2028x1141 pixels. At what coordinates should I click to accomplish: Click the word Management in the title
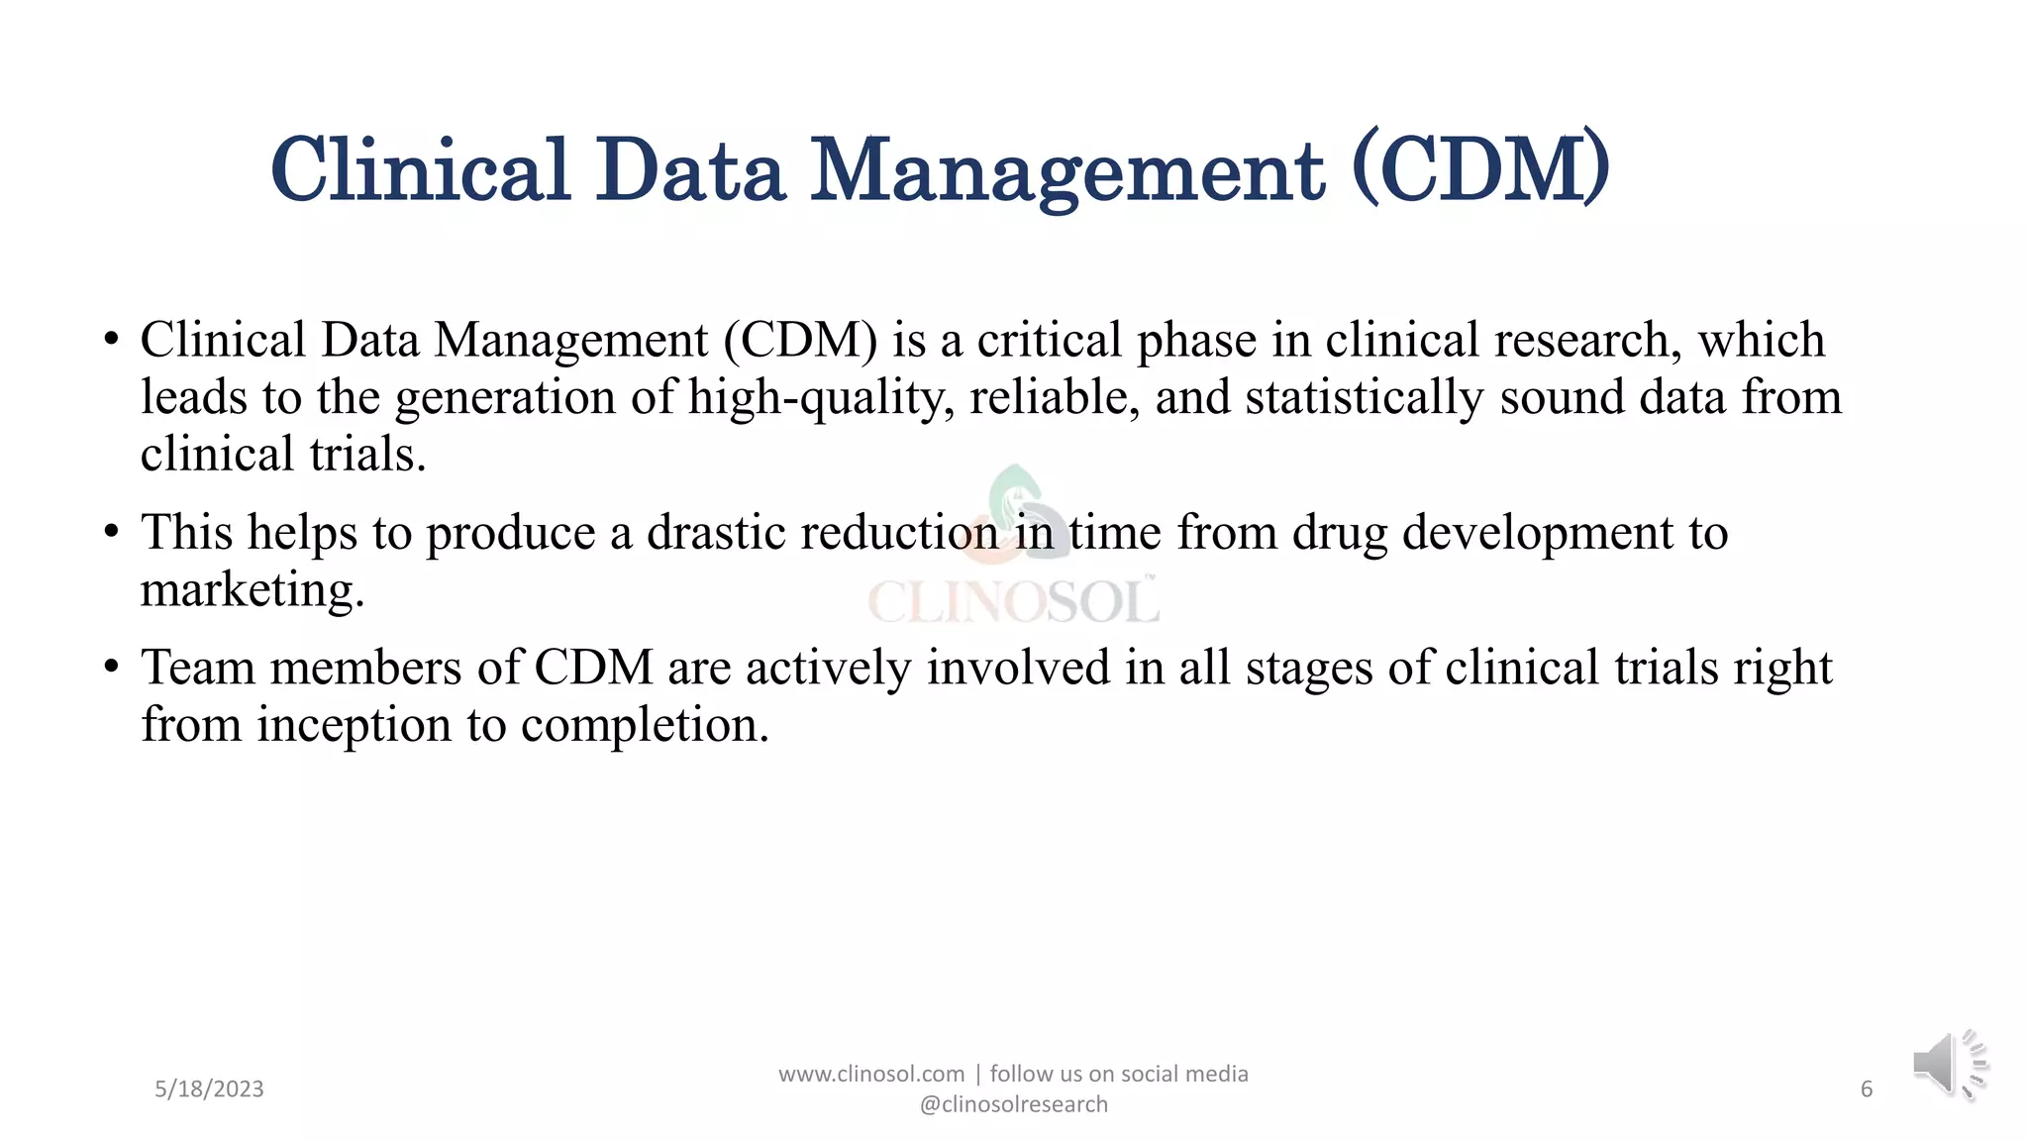coord(1067,171)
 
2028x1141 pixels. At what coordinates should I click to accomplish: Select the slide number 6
coord(1867,1089)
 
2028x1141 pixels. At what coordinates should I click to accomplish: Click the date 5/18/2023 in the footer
coord(209,1089)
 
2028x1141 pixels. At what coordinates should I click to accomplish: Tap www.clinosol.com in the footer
coord(870,1074)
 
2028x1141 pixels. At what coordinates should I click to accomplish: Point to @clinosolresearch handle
coord(1014,1104)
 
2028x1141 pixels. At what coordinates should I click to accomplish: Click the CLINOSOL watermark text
coord(1013,601)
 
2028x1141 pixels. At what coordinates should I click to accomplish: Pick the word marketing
coord(252,590)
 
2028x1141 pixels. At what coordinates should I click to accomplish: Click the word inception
coord(354,725)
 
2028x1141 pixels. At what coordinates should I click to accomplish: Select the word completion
coord(645,725)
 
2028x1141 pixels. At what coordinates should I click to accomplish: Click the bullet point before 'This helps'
coord(111,532)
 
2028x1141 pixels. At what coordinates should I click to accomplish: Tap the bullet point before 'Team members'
coord(111,667)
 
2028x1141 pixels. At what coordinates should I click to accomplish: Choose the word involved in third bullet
coord(1018,667)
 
